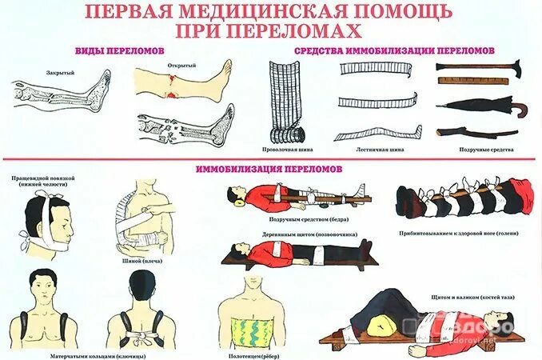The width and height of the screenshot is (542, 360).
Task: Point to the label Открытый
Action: click(178, 65)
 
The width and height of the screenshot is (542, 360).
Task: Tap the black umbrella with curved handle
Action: click(476, 106)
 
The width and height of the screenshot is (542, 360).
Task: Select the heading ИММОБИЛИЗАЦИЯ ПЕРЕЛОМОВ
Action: click(269, 169)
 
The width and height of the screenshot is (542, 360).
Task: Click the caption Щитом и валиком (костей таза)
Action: click(468, 296)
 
